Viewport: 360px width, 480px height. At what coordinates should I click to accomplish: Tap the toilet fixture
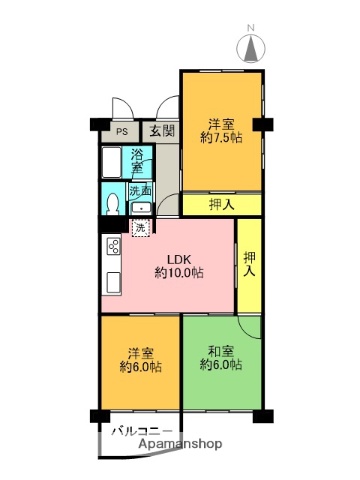113,204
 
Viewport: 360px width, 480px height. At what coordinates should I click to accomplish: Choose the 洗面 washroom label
140,190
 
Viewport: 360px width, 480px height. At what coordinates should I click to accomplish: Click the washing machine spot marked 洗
140,227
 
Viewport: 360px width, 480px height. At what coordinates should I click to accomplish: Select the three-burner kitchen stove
112,248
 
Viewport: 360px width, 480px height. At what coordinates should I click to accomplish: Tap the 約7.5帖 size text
221,139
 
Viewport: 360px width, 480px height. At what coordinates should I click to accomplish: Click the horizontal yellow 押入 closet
222,205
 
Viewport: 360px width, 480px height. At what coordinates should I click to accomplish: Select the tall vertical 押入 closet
248,264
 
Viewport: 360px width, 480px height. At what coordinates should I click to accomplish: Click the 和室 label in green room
221,351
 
